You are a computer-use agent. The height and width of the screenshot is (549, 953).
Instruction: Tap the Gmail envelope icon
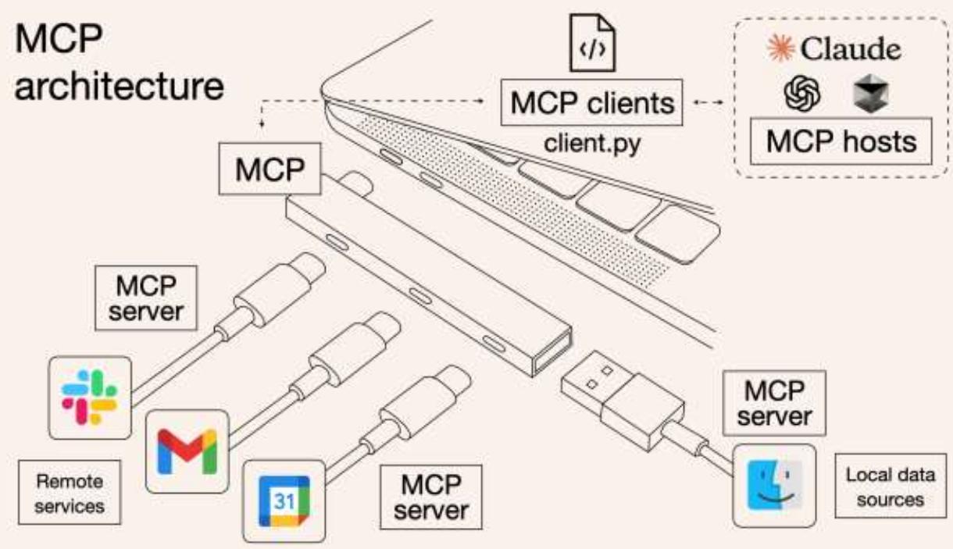[x=187, y=451]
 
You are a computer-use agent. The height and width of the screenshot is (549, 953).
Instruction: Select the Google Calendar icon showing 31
[x=284, y=500]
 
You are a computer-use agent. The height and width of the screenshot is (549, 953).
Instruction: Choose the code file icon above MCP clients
[x=591, y=43]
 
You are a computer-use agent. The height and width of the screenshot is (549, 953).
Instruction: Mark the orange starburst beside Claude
[x=778, y=48]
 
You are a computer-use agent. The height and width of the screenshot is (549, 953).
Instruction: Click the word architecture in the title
[x=120, y=87]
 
